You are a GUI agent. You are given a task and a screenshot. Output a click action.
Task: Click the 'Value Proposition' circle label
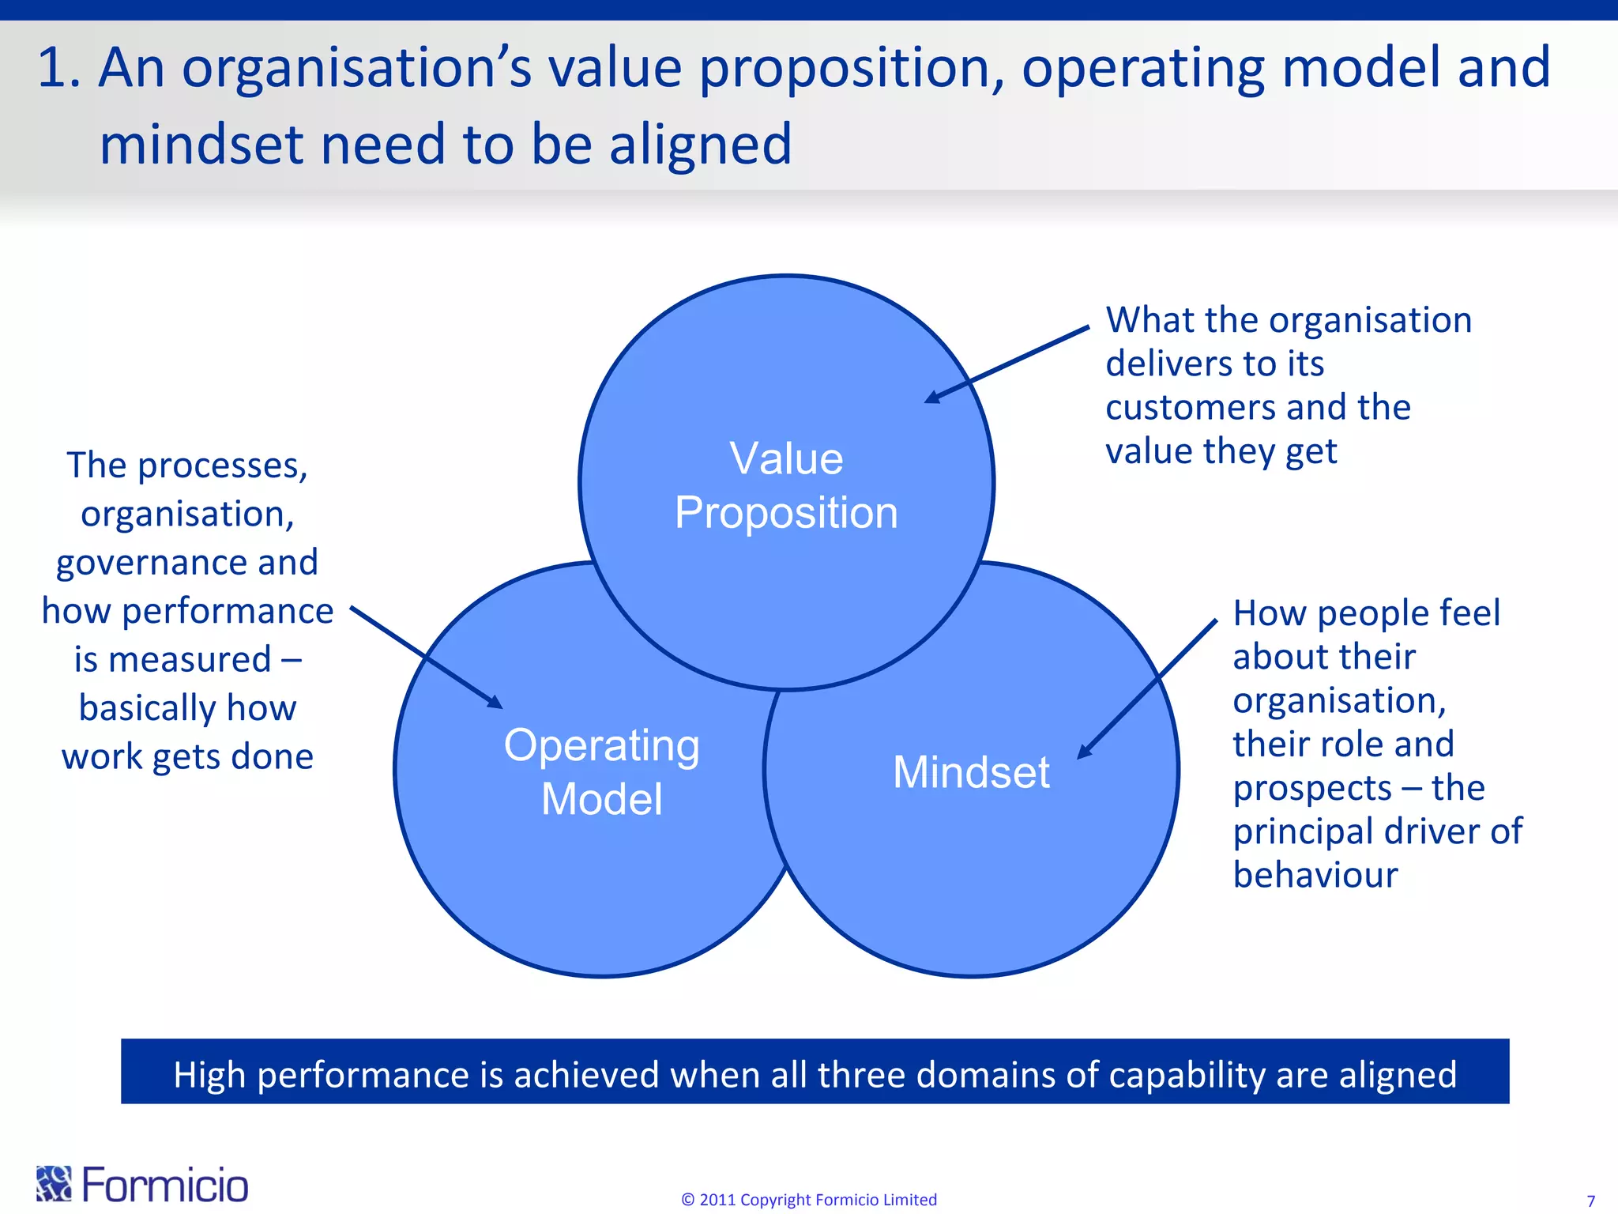coord(786,485)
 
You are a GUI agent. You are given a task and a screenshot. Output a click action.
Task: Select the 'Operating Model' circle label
coord(602,771)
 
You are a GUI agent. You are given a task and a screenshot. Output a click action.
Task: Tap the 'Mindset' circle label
coord(971,772)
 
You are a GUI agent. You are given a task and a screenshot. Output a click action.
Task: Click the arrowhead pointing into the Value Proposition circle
coord(932,397)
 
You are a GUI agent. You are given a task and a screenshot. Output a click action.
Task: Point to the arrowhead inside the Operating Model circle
coord(495,702)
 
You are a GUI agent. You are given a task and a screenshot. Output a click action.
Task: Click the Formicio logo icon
coord(54,1183)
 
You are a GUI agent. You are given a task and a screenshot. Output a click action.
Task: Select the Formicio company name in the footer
coord(165,1185)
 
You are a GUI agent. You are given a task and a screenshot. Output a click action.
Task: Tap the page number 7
coord(1590,1201)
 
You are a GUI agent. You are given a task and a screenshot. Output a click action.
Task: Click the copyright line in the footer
coord(809,1200)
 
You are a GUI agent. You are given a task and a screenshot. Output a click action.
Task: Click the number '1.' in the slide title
coord(59,68)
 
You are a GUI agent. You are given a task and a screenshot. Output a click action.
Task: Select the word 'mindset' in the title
coord(201,145)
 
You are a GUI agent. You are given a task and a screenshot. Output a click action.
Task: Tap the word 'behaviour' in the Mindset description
coord(1315,875)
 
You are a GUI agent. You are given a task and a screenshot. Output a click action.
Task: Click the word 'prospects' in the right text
coord(1311,788)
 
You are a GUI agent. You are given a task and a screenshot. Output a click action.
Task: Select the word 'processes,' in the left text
coord(223,466)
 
